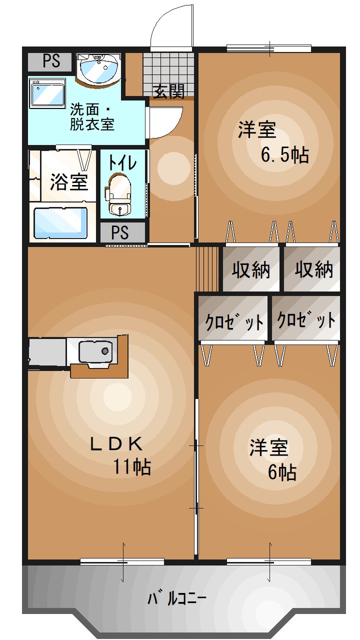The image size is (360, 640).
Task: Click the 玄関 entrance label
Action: [168, 91]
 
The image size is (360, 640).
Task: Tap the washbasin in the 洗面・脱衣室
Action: [98, 67]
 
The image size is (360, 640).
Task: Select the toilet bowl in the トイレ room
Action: [118, 192]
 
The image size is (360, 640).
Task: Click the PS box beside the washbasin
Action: [51, 61]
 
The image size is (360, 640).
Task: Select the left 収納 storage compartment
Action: [250, 269]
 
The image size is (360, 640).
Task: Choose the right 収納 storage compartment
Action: [313, 269]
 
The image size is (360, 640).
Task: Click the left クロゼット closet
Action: [234, 320]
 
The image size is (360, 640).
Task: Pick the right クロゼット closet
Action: [306, 319]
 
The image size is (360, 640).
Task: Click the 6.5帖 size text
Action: [284, 155]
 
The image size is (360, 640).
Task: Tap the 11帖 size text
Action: [132, 466]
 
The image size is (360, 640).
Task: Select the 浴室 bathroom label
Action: [69, 182]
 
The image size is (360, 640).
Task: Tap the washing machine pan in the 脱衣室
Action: [47, 93]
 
